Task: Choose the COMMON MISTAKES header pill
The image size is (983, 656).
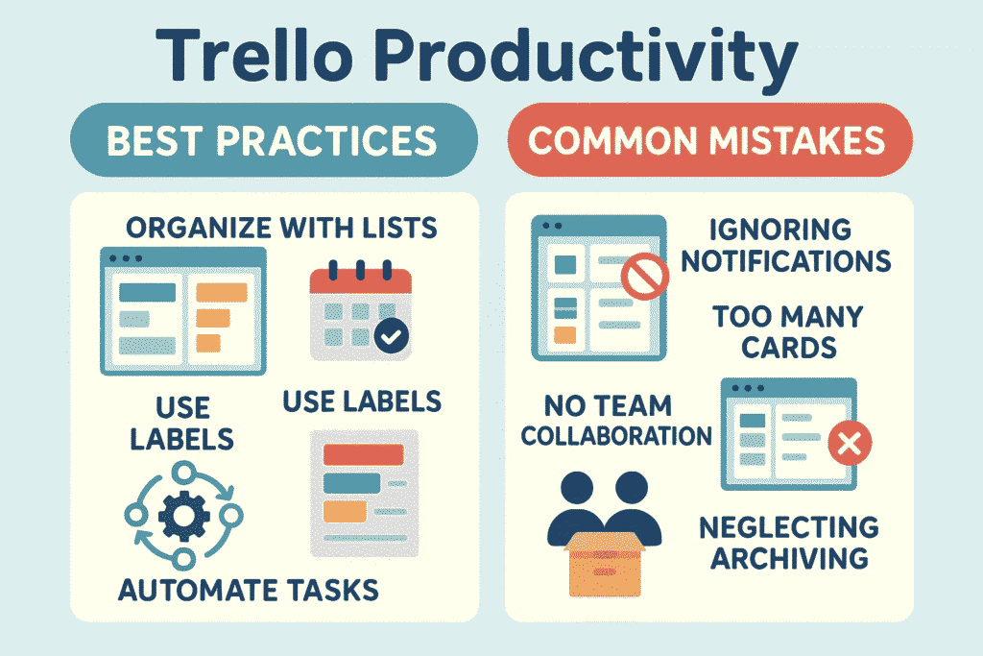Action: point(707,141)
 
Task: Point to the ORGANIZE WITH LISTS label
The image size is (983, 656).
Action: point(281,229)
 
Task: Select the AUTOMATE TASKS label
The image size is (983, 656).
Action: point(249,589)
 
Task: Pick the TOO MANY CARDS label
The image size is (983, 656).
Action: point(788,330)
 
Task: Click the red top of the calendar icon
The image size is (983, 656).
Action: point(360,281)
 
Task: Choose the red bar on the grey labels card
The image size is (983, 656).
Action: point(363,454)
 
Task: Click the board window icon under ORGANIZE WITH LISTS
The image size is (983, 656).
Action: point(183,310)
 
